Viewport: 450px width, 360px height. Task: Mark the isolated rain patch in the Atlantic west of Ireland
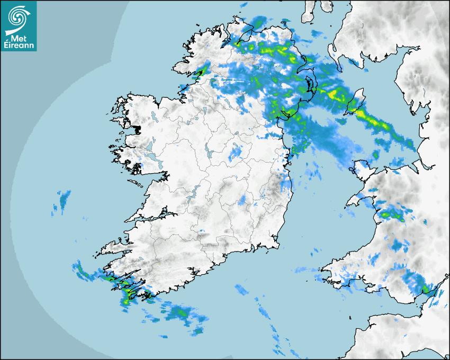(64, 199)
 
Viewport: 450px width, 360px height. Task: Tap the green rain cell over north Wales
(394, 214)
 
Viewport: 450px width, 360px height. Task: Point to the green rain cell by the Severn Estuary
(426, 289)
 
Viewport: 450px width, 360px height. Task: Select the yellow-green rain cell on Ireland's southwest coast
(127, 291)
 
